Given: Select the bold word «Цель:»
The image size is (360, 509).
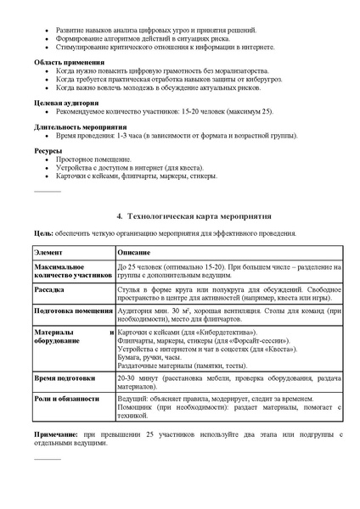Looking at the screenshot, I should coord(43,232).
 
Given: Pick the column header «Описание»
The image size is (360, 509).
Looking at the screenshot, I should coord(134,253).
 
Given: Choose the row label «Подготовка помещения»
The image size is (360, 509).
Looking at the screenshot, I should coord(71,310).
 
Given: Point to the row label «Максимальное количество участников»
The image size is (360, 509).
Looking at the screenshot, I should coord(64,271).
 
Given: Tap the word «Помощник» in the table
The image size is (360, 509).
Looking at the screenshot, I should coord(138,408).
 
